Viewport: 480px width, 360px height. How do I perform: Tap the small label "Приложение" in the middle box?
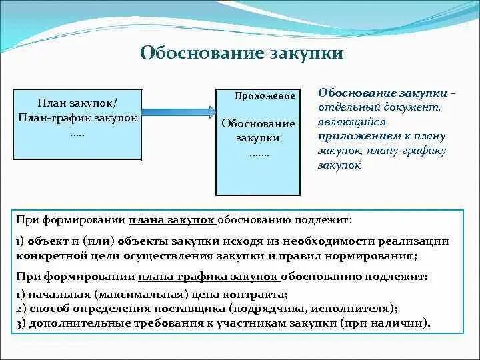265,96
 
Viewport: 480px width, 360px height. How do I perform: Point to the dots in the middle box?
258,153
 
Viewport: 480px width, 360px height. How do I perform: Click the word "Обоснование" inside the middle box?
258,124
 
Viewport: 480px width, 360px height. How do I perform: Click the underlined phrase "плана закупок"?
172,219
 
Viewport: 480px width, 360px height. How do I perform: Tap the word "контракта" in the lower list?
260,294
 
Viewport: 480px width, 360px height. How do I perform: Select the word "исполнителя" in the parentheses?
358,309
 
